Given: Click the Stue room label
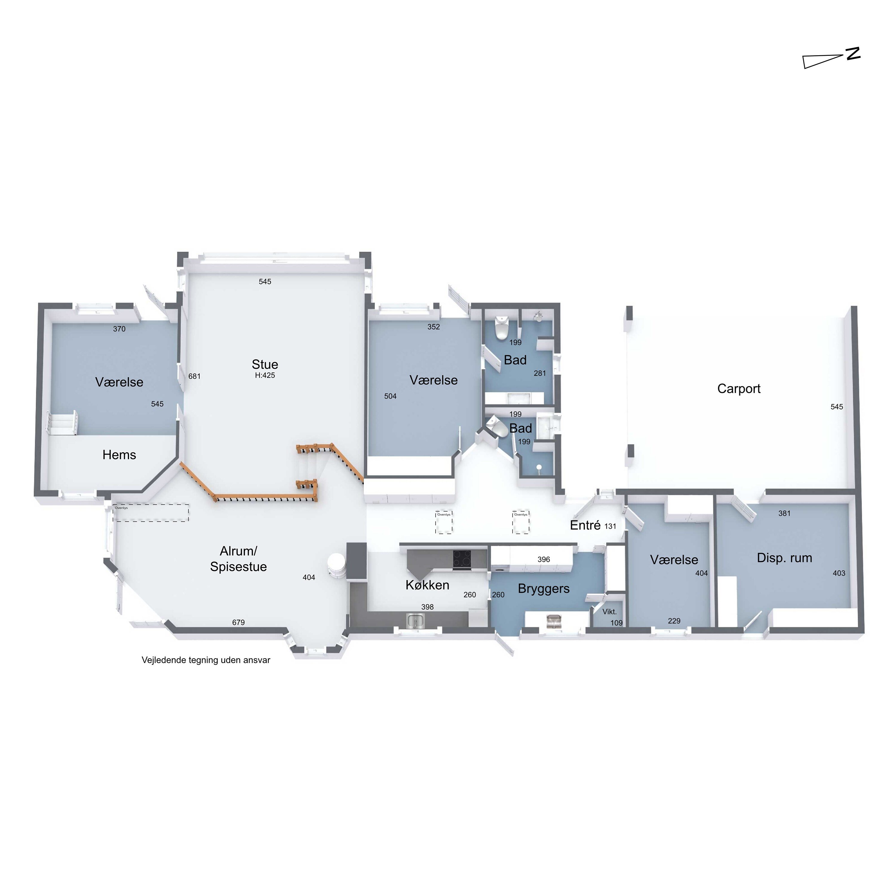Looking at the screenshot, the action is point(265,364).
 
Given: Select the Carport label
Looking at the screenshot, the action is point(739,389).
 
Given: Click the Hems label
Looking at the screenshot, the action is point(119,455).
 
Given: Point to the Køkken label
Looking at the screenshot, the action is point(427,585).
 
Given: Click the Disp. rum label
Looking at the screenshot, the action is point(784,558).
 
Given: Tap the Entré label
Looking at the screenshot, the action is point(585,525).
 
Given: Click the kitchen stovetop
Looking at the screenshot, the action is point(462,559).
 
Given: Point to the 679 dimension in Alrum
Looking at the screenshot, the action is point(238,622).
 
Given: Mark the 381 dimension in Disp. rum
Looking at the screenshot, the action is point(784,513).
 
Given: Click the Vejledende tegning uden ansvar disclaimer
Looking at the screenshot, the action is point(206,660).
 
